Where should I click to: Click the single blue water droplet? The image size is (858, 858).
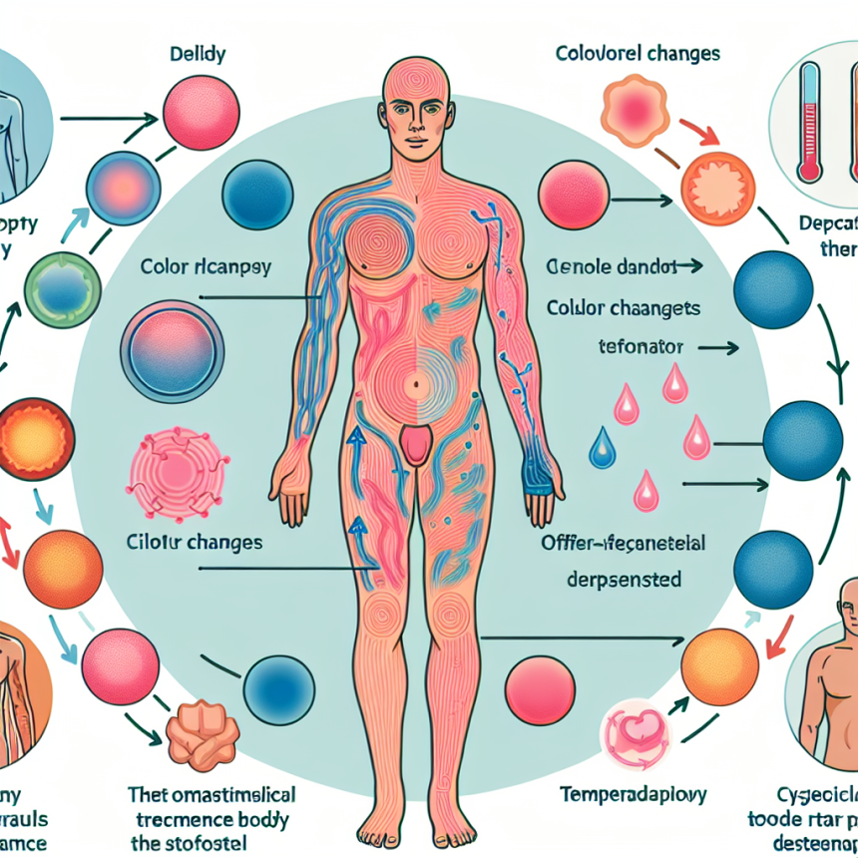point(601,449)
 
